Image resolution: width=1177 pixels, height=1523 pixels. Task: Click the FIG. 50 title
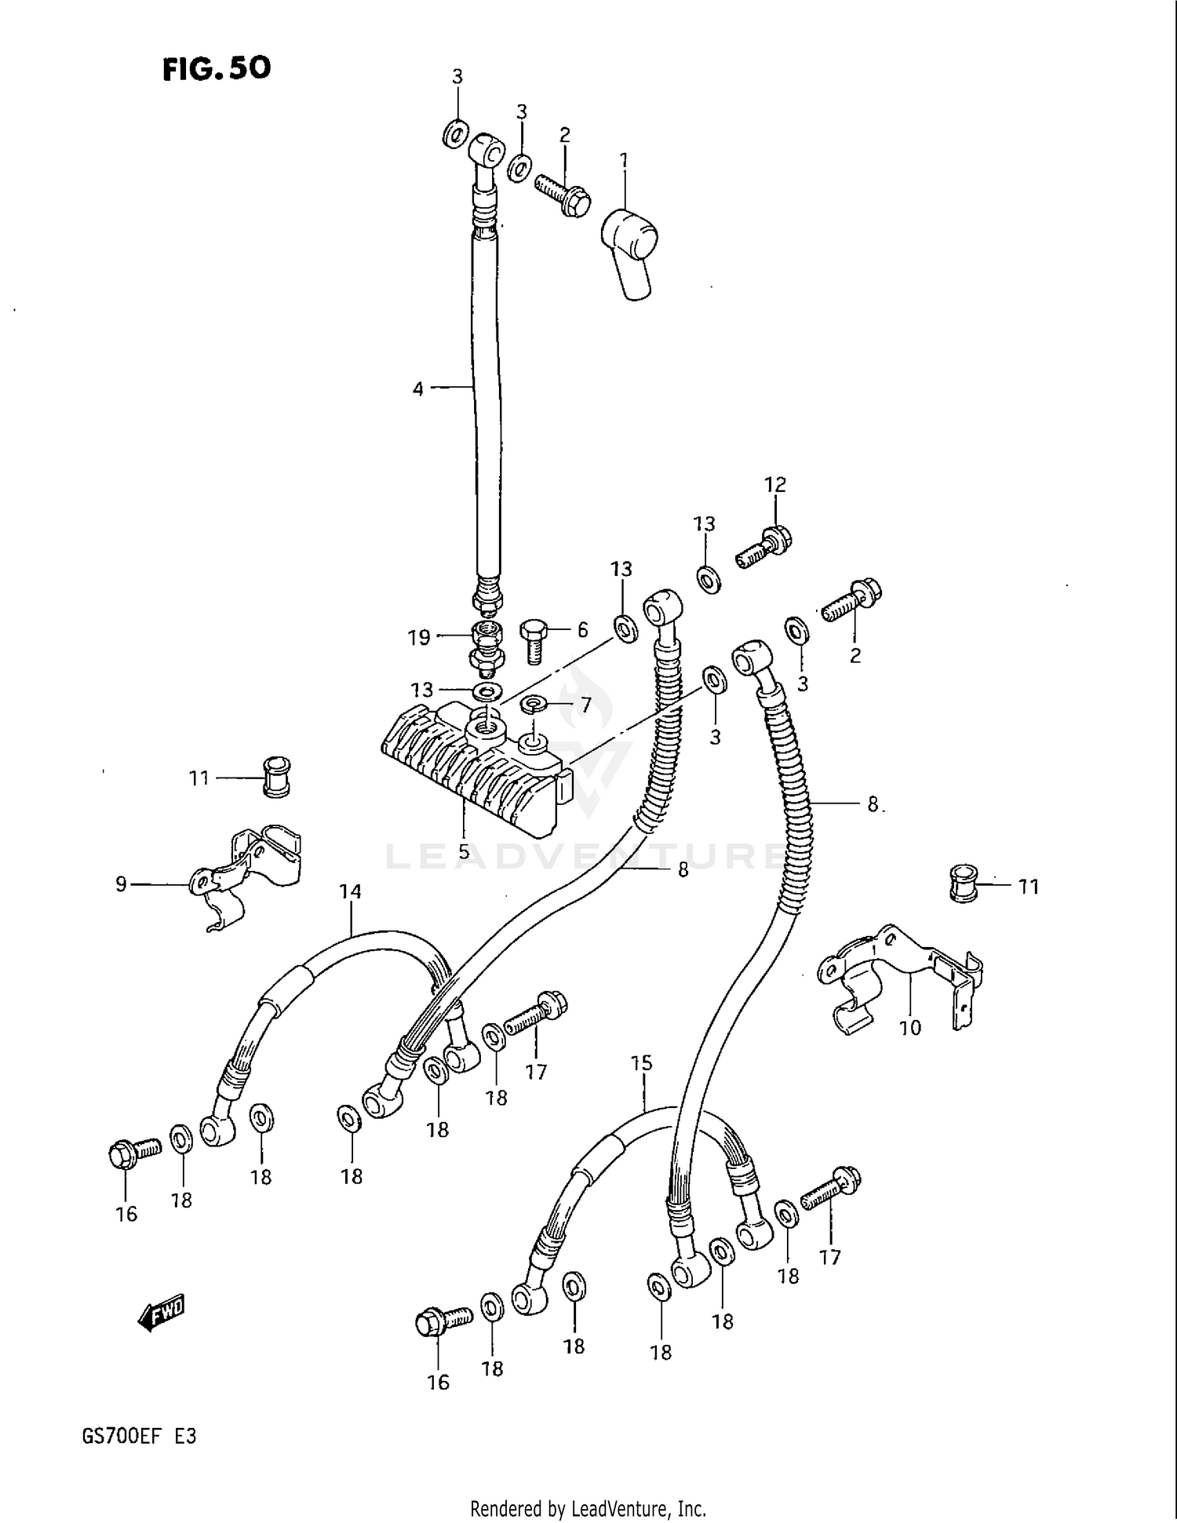point(217,69)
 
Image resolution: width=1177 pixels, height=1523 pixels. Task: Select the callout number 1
point(624,161)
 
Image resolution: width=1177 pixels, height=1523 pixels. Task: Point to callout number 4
point(418,388)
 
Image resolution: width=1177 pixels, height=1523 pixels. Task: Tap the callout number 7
point(585,705)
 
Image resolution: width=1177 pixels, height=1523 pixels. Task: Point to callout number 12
point(775,485)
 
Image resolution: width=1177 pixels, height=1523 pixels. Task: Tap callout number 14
point(350,891)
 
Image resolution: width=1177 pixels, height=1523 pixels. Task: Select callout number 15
point(641,1063)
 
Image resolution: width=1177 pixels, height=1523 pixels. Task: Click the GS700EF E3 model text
point(139,1437)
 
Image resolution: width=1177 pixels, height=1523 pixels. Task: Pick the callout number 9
point(121,884)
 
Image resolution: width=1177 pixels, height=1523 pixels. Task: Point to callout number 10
point(910,1027)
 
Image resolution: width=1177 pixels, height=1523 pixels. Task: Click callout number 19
point(419,637)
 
